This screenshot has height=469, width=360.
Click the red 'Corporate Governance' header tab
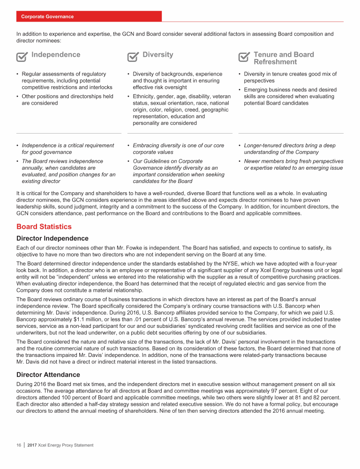click(47, 16)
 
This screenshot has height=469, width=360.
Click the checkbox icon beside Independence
click(22, 57)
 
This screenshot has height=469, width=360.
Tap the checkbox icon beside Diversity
click(133, 57)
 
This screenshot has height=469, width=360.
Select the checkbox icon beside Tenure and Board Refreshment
click(244, 57)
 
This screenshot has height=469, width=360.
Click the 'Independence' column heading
click(55, 55)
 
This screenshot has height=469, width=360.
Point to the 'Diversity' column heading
click(157, 55)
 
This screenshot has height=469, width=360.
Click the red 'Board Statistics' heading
click(44, 227)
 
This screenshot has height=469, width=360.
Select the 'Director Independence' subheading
click(52, 239)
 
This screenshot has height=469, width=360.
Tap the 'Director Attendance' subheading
click(48, 375)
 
